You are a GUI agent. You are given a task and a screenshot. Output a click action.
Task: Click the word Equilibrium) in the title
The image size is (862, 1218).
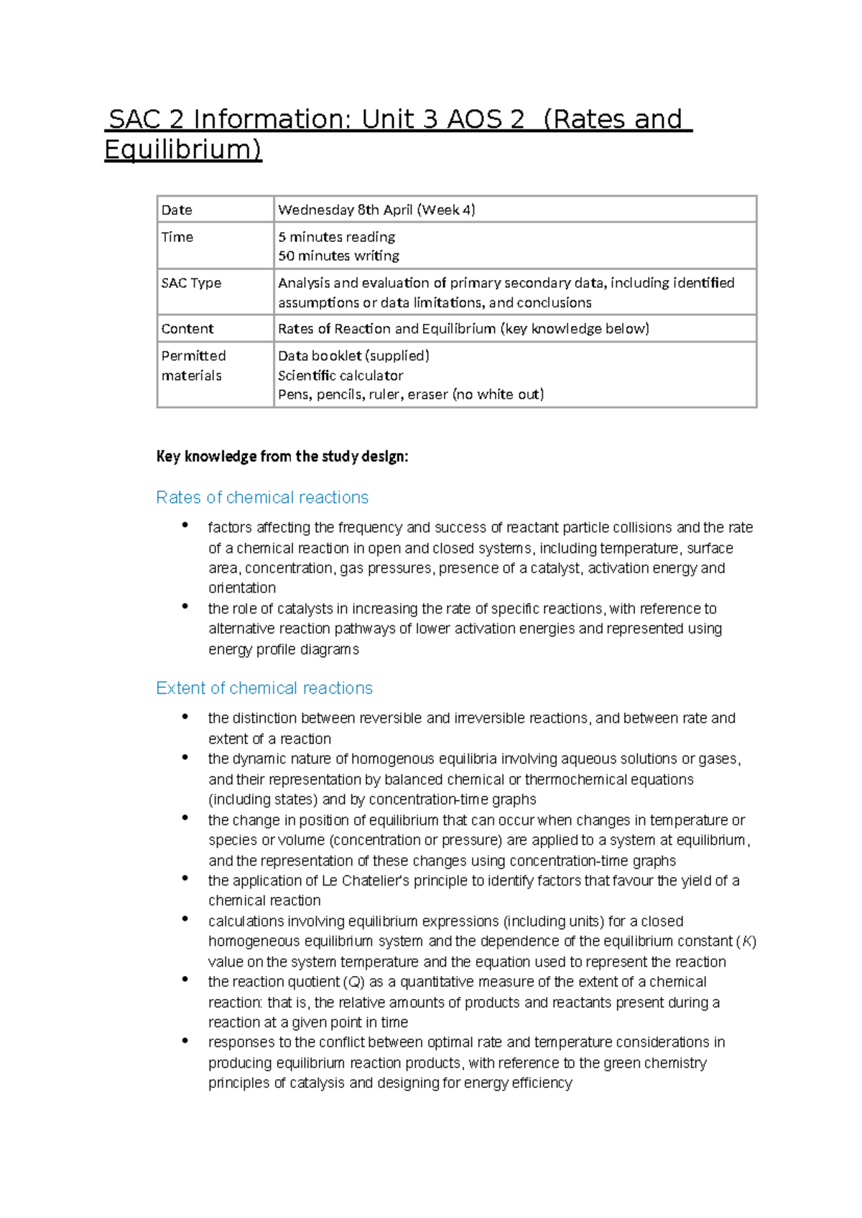click(x=183, y=149)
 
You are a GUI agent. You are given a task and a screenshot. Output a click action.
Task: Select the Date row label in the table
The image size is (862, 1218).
click(x=177, y=210)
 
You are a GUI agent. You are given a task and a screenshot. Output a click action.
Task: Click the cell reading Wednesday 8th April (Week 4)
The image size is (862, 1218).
click(x=376, y=210)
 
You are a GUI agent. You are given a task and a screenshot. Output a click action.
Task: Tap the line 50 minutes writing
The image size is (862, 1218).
click(x=338, y=256)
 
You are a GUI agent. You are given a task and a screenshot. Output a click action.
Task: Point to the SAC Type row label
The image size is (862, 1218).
click(x=191, y=283)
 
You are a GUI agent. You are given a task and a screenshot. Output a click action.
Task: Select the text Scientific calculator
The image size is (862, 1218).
click(x=340, y=376)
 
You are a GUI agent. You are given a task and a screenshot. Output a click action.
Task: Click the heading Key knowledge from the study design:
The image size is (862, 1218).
click(x=282, y=457)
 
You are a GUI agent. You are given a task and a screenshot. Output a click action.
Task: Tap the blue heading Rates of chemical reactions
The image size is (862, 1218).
click(x=262, y=498)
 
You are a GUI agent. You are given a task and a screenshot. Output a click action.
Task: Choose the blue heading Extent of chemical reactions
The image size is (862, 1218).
click(x=264, y=688)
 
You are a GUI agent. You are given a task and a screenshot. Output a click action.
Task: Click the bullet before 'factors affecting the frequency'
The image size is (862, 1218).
click(x=185, y=526)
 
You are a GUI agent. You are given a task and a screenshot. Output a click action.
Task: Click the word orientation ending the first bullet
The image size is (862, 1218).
click(x=242, y=588)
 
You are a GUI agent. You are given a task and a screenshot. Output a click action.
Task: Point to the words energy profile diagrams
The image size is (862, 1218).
click(x=284, y=650)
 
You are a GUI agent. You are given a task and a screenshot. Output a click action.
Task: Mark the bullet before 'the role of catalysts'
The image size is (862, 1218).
click(x=185, y=607)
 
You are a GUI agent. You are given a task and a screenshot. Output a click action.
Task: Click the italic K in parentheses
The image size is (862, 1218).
click(x=747, y=942)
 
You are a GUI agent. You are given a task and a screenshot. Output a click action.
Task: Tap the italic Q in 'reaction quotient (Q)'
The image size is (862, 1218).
click(x=355, y=982)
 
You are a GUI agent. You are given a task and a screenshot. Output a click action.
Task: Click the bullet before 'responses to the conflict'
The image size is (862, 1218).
click(x=185, y=1041)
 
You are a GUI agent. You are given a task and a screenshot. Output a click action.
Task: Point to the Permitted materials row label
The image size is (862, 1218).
click(x=193, y=366)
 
